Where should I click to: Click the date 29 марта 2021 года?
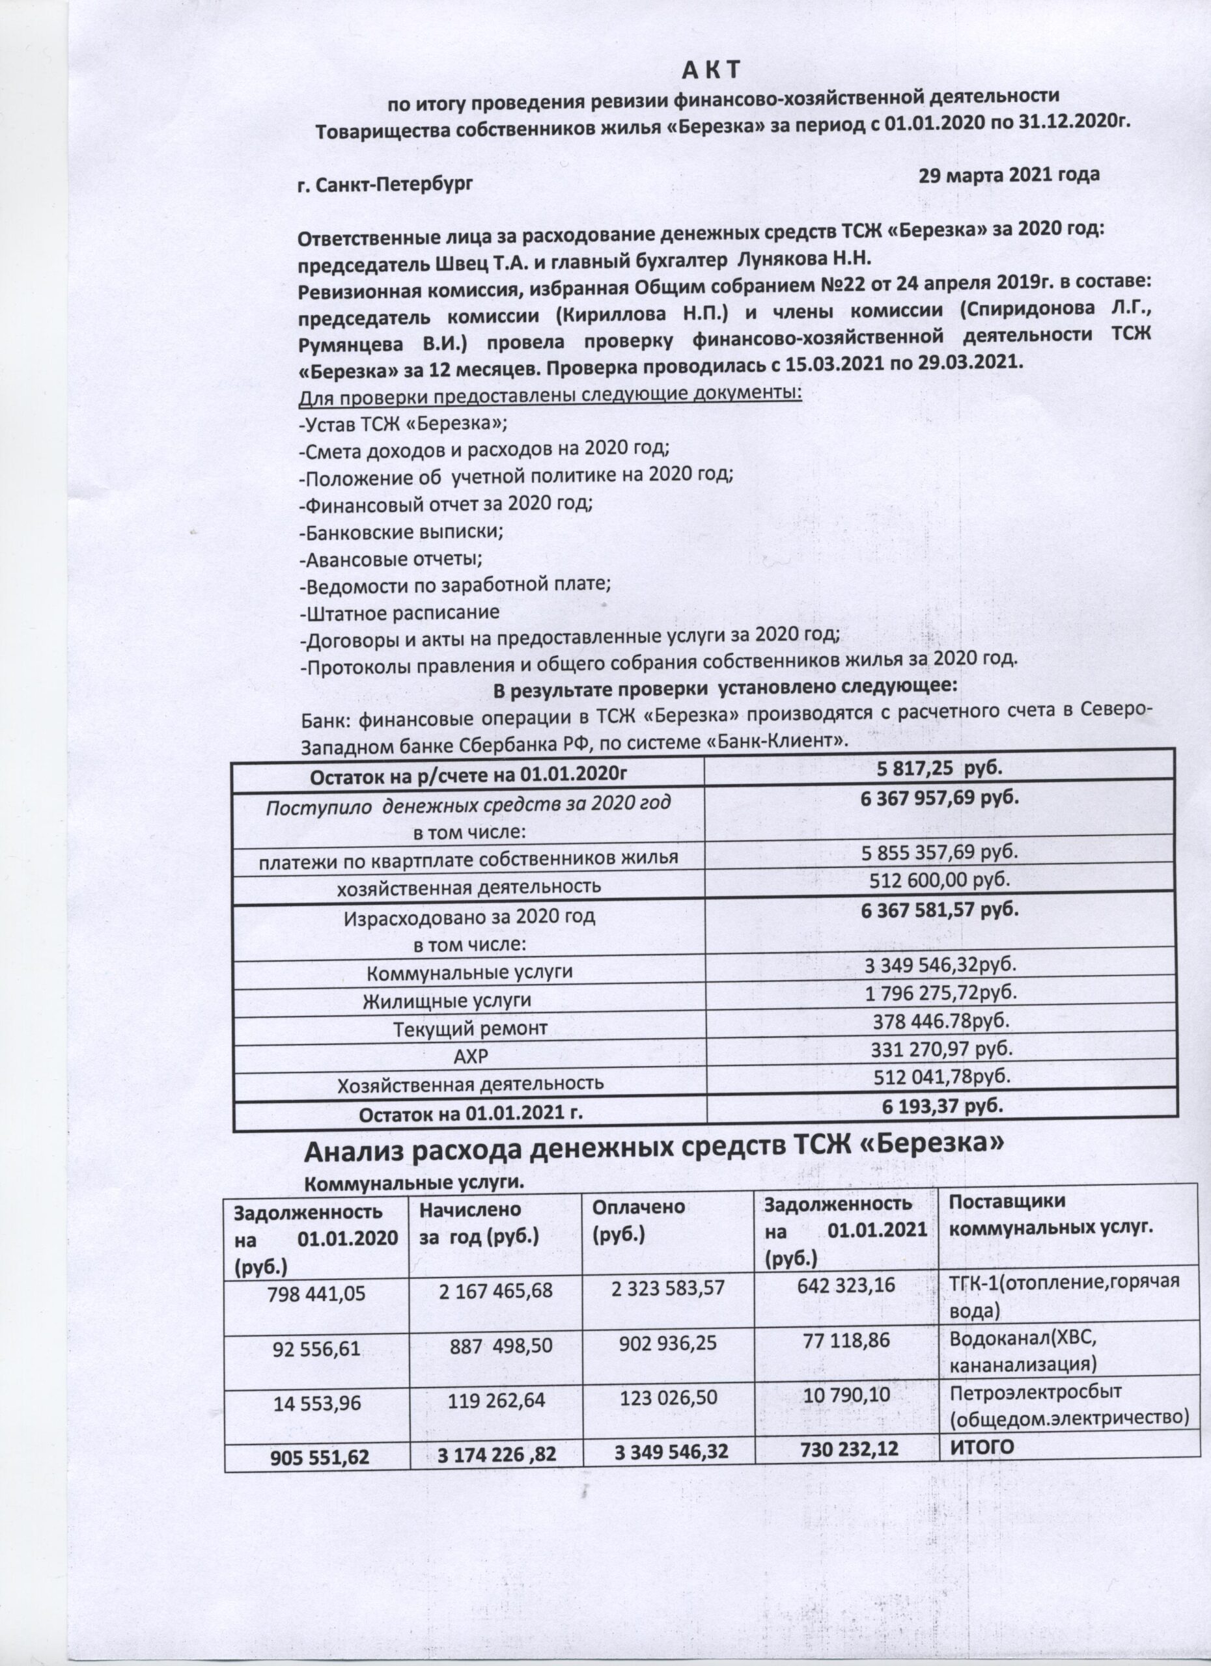coord(1010,176)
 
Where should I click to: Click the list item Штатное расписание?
coord(400,611)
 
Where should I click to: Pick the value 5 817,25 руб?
coord(940,769)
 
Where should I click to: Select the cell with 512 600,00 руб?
coord(940,879)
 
